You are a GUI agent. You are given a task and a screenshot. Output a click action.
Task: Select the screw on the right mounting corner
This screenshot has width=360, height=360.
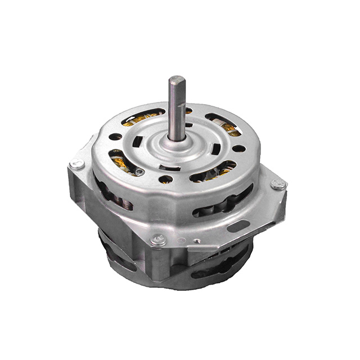tap(276, 184)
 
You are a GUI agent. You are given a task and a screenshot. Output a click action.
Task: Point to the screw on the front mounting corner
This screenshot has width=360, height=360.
tap(158, 240)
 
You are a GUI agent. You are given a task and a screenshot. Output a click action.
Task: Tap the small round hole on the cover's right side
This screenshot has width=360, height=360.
tap(238, 149)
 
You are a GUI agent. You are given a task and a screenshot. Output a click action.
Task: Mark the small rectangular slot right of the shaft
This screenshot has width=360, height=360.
tap(215, 150)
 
